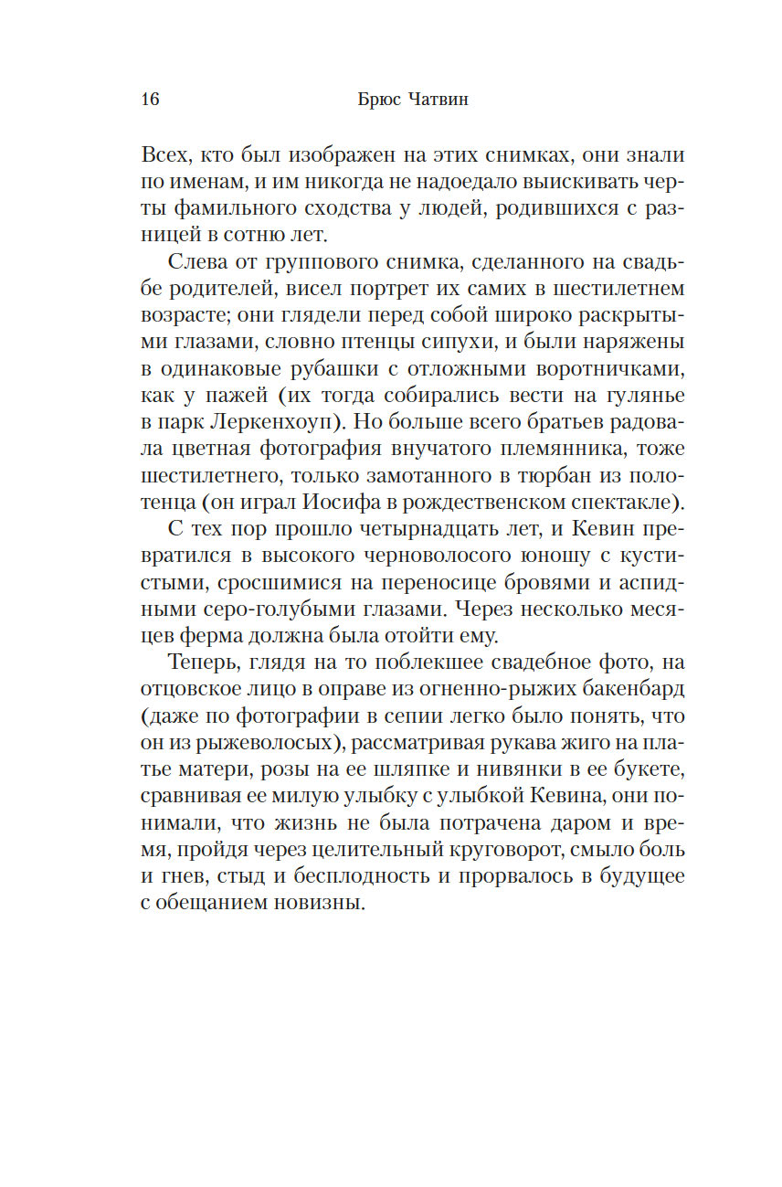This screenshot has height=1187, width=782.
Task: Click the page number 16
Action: [151, 100]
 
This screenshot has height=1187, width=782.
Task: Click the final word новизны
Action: [314, 904]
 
